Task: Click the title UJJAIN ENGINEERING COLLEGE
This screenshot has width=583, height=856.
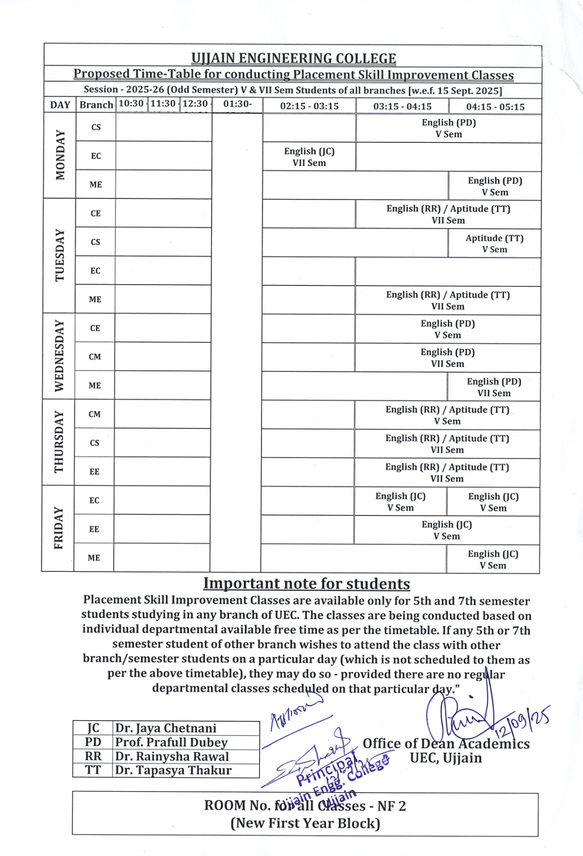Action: [294, 58]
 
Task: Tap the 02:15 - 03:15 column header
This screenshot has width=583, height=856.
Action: [309, 106]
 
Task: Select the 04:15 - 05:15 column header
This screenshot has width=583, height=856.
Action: [495, 106]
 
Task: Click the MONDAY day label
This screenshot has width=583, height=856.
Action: [60, 155]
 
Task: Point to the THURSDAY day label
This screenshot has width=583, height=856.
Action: [59, 442]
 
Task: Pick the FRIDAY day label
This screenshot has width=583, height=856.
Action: [58, 528]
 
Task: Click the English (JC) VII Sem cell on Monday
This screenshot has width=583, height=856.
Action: [309, 157]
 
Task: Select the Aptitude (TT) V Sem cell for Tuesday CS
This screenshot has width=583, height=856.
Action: [494, 243]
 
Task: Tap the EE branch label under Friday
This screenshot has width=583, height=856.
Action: [94, 529]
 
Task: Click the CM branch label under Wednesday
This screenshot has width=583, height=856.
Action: [95, 357]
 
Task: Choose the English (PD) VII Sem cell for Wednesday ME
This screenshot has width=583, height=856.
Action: [494, 387]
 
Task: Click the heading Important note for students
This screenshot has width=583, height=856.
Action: [306, 583]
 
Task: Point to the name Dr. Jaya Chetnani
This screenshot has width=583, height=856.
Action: [166, 728]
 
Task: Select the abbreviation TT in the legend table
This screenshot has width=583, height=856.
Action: [93, 770]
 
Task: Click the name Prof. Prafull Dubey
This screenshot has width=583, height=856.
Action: [171, 742]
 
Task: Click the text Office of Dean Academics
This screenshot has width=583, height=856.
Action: [446, 744]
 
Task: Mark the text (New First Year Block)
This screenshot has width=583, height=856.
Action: [305, 823]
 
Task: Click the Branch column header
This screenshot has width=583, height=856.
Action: [96, 105]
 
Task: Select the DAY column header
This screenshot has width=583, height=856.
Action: [60, 105]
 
